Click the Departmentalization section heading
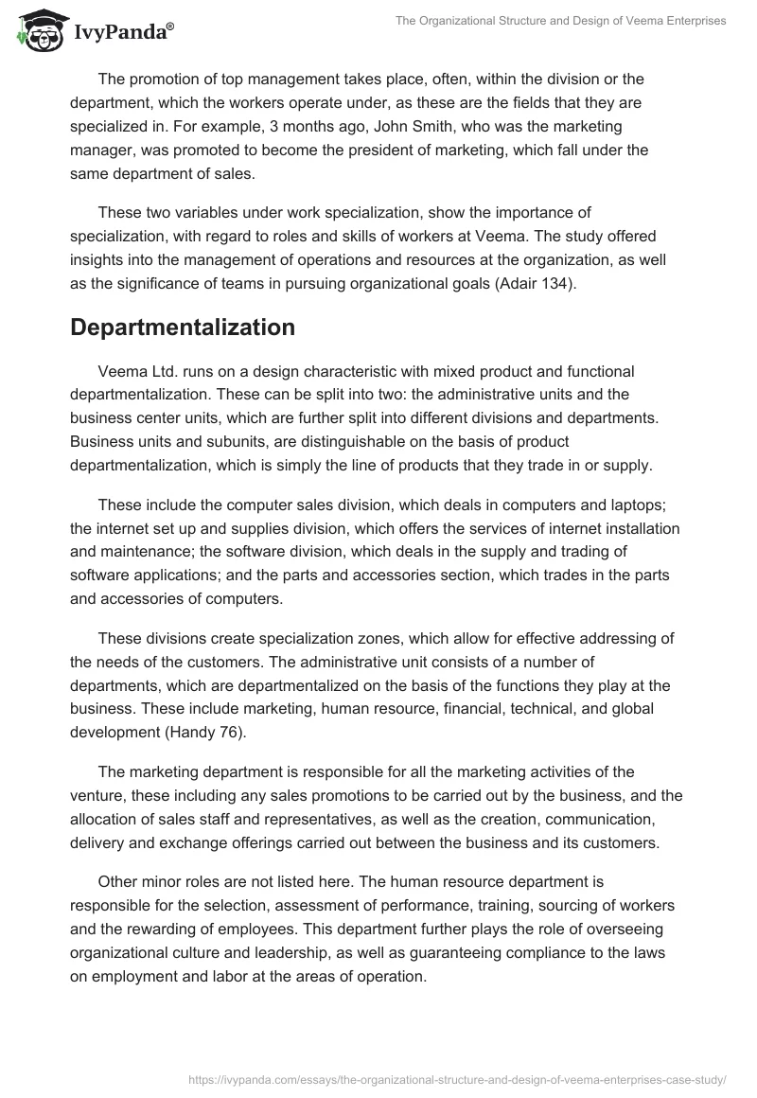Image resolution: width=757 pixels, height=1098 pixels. coord(183,328)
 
